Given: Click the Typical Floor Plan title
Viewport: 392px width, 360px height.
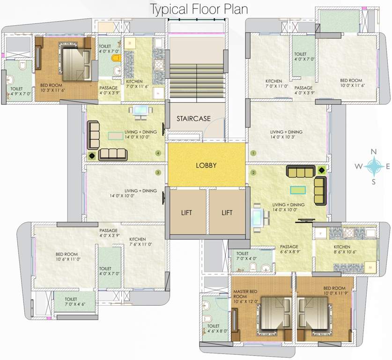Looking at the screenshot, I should point(199,9).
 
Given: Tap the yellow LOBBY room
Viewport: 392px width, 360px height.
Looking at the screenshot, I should point(206,165).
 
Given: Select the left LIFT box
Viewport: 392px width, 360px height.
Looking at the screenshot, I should point(187,212).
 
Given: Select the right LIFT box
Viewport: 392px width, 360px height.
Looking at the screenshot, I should point(227,212).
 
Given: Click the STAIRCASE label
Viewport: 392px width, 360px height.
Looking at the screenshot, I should point(193,119).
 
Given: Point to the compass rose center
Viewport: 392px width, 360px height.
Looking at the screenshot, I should point(373,165).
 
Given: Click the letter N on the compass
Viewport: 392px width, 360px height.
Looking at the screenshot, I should point(374,151).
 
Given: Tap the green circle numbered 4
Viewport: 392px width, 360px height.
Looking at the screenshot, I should point(159,153).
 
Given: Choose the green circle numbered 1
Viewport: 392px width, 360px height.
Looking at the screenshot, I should point(253,153).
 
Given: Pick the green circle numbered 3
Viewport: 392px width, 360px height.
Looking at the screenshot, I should point(158,172).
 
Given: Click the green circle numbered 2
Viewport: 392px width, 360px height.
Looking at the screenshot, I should point(253,172).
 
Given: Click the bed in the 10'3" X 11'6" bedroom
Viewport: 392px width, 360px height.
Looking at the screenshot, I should point(74,62).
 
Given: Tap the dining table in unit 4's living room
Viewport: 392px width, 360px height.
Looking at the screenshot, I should point(141,111).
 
